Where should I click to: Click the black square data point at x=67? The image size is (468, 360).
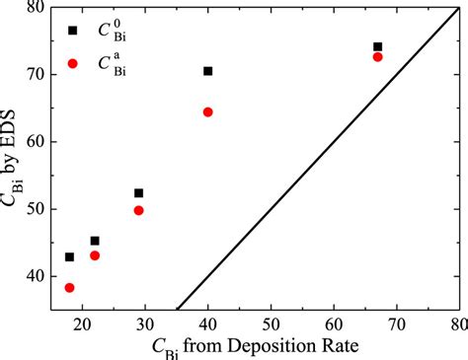point(377,46)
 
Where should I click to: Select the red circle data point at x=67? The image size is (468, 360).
point(377,57)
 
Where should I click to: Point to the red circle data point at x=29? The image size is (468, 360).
point(138,210)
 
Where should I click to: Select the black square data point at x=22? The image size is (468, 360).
point(95,241)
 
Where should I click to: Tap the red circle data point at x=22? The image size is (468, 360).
point(95,255)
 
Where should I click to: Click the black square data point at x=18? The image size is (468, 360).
point(69,257)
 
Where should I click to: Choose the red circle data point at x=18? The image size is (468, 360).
point(69,288)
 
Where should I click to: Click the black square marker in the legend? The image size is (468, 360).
point(72,31)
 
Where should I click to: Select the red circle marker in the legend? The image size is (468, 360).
point(72,63)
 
